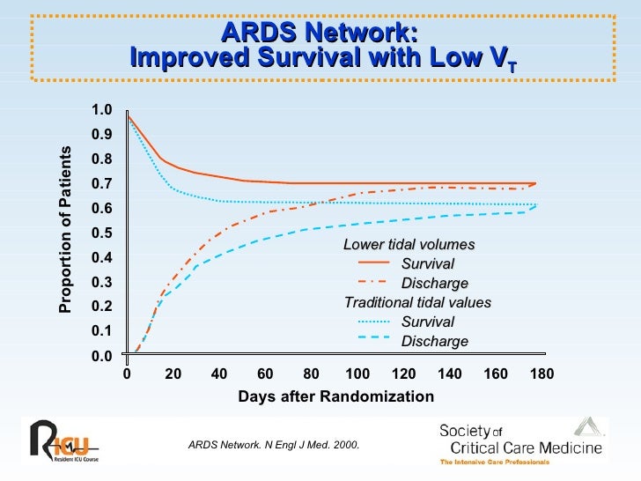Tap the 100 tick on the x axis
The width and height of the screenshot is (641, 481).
click(357, 374)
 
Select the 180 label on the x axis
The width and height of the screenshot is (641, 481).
click(542, 374)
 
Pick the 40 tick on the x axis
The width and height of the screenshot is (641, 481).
click(219, 374)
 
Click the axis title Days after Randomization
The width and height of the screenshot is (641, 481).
click(335, 396)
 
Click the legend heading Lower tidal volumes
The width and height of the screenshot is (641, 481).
click(409, 244)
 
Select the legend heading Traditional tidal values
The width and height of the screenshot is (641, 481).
click(417, 302)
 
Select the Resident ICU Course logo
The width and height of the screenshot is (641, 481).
click(63, 440)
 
